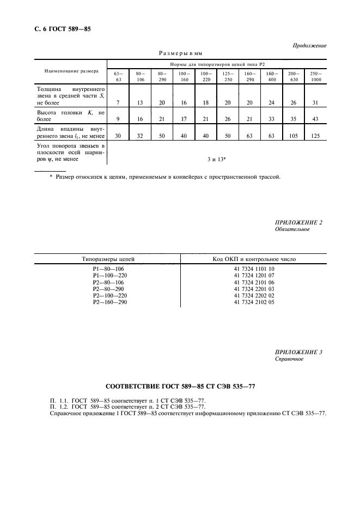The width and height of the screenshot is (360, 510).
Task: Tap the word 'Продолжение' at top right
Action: pos(309,45)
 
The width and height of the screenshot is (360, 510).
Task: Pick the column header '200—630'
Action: pos(294,76)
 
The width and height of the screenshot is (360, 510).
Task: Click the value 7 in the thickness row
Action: pos(118,102)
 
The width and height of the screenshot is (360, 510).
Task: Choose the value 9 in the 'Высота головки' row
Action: pos(118,119)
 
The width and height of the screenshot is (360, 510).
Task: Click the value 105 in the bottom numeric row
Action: pos(294,136)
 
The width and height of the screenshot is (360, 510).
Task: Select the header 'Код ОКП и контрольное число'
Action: pos(254,259)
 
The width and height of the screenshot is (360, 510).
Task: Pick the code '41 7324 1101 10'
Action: pos(254,269)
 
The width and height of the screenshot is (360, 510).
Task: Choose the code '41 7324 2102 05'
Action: pos(254,301)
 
